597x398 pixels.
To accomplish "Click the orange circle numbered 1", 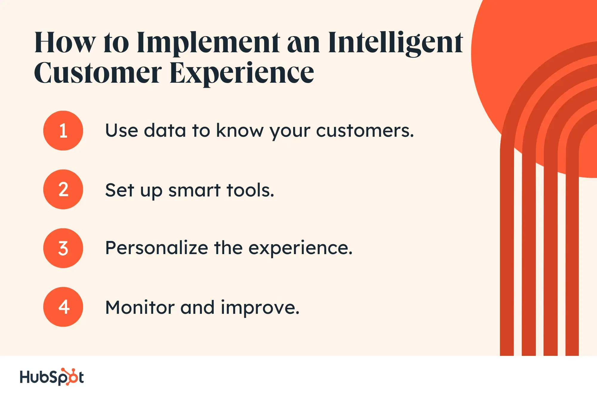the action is coord(63,130).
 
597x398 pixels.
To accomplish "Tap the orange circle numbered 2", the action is coord(63,189).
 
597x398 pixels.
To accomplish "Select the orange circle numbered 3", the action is coord(63,248).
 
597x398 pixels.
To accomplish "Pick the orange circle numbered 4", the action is coord(63,307).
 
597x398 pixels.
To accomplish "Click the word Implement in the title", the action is coord(208,43).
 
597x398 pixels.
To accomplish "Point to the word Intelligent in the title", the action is coord(396,43).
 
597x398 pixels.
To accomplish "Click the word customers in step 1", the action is coord(365,131).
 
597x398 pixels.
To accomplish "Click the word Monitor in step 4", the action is coord(140,307).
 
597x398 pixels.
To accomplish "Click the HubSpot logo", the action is coord(52,377).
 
